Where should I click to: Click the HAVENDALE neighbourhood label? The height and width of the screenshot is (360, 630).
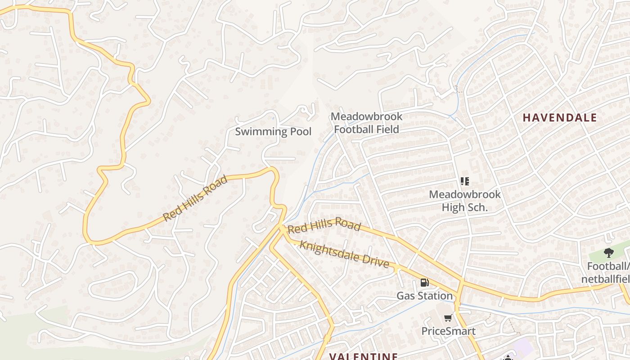tap(559, 118)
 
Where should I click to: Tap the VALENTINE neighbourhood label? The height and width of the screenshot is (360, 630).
tap(364, 356)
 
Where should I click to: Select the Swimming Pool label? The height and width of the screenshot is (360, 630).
tap(273, 132)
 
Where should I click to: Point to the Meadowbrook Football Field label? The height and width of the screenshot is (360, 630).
tap(366, 123)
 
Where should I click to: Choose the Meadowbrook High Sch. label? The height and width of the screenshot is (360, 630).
tap(465, 201)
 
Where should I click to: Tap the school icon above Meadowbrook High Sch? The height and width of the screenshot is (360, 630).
tap(465, 181)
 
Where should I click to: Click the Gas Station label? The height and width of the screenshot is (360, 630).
tap(424, 296)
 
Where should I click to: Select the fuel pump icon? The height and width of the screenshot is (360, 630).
tap(424, 283)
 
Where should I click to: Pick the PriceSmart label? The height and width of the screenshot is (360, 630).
tap(448, 331)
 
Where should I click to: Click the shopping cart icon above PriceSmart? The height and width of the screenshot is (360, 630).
tap(448, 318)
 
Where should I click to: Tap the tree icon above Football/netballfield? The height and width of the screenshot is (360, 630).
tap(609, 253)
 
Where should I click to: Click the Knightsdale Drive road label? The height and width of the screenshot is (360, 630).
tap(344, 254)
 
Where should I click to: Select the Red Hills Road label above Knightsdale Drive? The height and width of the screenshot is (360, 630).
tap(324, 226)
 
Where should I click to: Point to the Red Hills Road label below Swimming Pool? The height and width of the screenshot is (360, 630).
tap(195, 198)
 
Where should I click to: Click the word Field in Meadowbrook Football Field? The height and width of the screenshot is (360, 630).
tap(387, 130)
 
